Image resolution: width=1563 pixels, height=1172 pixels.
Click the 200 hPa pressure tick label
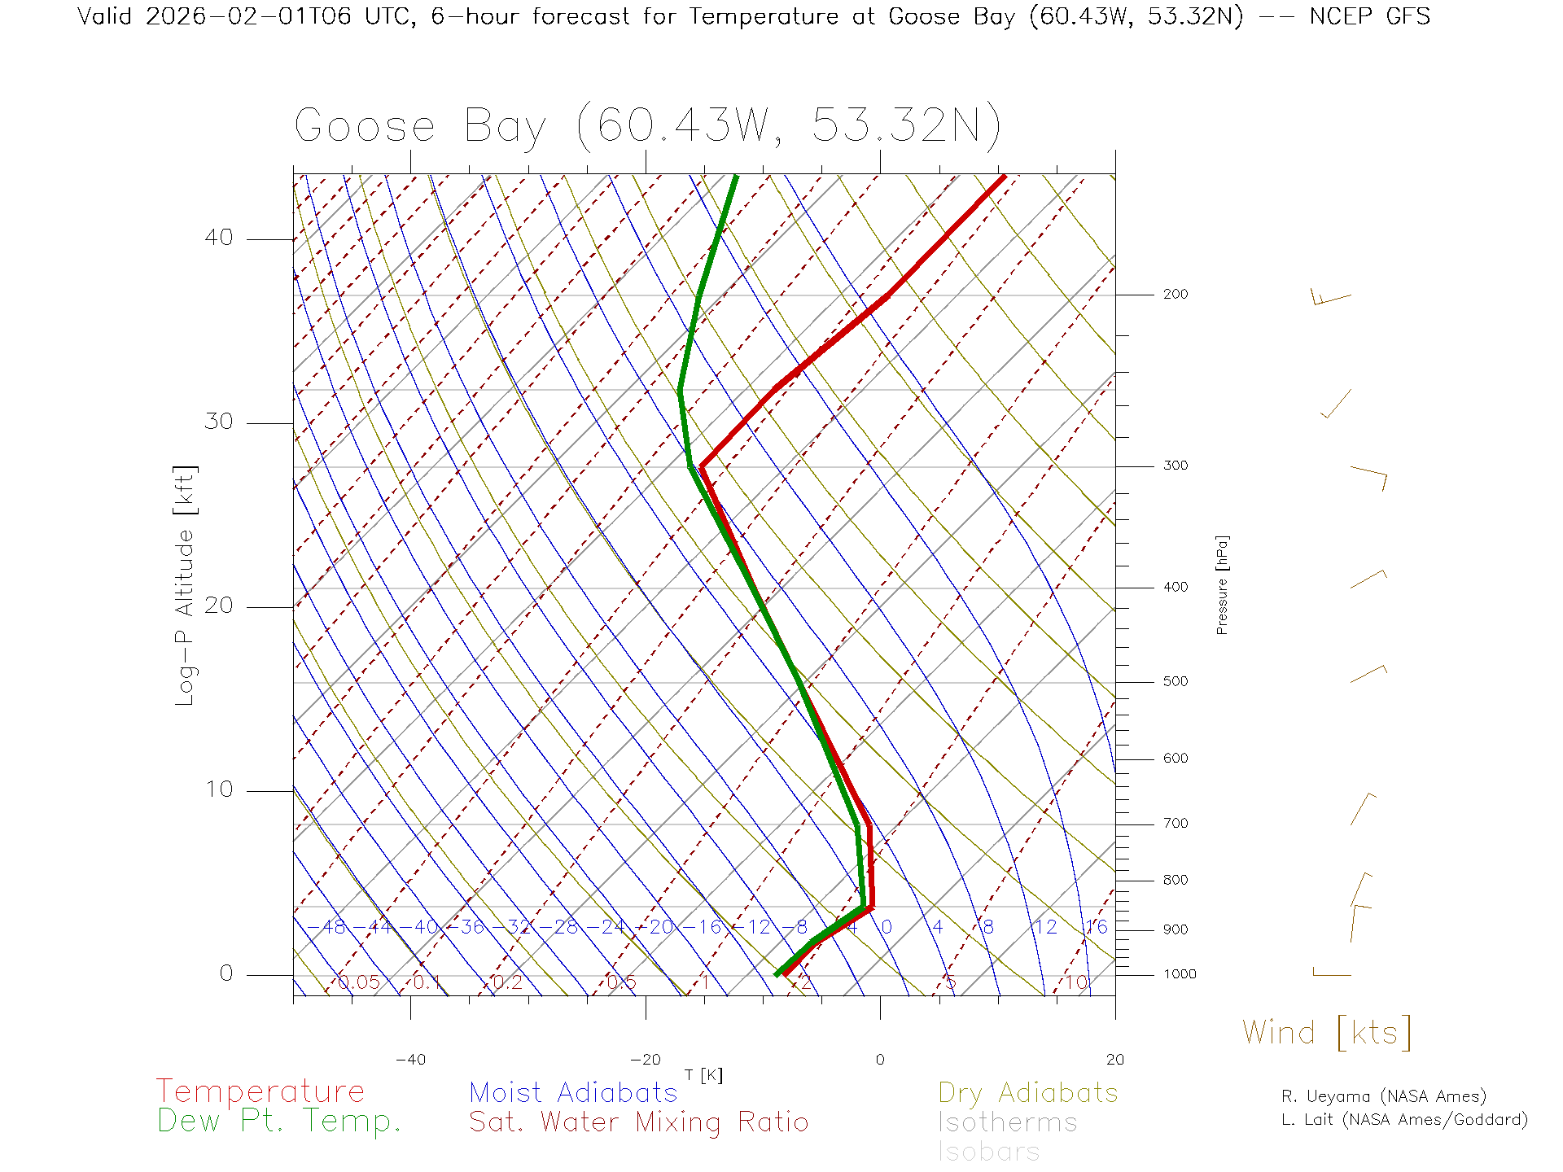pos(1175,295)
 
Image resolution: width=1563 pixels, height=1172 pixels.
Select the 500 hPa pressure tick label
pos(1175,682)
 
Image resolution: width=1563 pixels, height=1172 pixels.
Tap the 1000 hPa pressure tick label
pos(1180,974)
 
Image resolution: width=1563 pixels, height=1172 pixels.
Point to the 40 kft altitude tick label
pos(219,238)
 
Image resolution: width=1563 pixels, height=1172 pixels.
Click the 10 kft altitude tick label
pos(219,789)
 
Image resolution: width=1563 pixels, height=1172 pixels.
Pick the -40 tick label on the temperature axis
pos(410,1060)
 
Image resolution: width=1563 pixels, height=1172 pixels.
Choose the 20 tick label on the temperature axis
pos(1114,1060)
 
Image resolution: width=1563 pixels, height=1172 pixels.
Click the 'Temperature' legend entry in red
pos(260,1091)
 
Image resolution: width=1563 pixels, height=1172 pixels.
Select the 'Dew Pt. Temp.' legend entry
pos(279,1122)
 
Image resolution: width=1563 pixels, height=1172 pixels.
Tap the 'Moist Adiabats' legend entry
pos(573,1093)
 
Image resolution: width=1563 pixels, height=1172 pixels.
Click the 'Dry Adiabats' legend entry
pos(1028,1093)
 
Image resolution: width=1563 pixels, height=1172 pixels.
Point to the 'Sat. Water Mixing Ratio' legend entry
pos(638,1122)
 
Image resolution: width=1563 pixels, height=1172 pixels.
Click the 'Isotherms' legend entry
pos(1008,1123)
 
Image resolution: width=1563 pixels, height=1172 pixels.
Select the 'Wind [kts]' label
pos(1326,1033)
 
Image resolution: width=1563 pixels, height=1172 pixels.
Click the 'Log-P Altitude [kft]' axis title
pos(186,586)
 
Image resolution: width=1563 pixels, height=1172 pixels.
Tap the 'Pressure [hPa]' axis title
pos(1222,584)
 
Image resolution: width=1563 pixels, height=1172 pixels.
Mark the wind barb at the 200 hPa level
pos(1330,298)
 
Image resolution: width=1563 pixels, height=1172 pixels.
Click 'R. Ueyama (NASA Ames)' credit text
pos(1384,1096)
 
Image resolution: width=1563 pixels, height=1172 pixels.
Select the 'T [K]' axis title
pos(703,1075)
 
